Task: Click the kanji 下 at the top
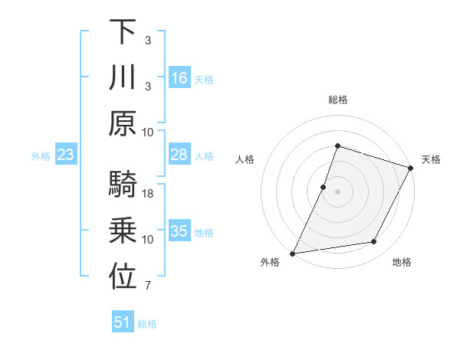(x=123, y=32)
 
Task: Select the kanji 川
(x=123, y=78)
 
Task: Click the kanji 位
(x=123, y=277)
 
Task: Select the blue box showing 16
(x=179, y=78)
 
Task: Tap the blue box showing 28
(x=179, y=155)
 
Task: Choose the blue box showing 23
(x=66, y=155)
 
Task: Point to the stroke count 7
(x=149, y=286)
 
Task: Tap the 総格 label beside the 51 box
(x=147, y=324)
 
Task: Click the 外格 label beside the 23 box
(x=41, y=155)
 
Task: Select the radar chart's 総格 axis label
(x=337, y=100)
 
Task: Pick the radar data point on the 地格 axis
(x=374, y=242)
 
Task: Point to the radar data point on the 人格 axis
(x=324, y=187)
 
